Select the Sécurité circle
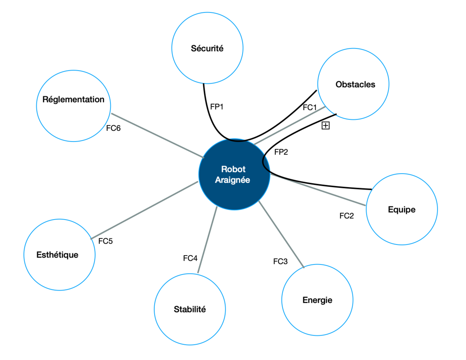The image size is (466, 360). click(207, 48)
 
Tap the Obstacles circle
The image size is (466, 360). click(353, 84)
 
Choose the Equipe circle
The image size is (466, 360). click(401, 209)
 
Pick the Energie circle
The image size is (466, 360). click(317, 300)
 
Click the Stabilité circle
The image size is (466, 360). click(189, 309)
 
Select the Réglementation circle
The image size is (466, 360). click(73, 100)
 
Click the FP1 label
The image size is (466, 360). click(217, 107)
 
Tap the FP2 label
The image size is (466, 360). click(281, 152)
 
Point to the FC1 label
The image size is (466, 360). click(310, 107)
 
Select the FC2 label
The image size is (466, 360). click(347, 216)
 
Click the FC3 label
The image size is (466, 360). click(280, 262)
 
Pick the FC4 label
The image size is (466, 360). click(190, 258)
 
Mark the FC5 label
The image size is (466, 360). click(106, 241)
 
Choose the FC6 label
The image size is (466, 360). click(114, 128)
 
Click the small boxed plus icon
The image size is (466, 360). click(326, 126)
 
